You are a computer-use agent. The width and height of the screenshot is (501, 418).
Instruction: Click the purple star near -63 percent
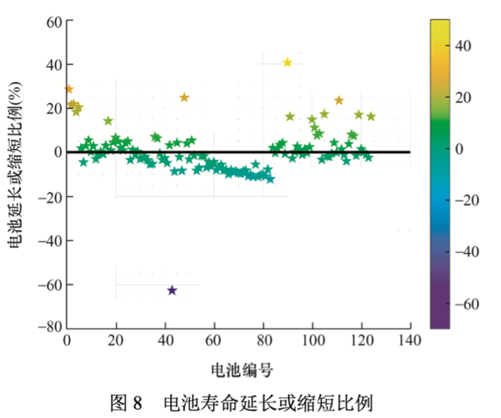click(x=172, y=291)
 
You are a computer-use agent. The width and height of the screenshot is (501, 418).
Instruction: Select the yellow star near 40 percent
click(x=288, y=63)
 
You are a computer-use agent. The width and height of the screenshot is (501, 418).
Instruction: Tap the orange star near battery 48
click(x=184, y=98)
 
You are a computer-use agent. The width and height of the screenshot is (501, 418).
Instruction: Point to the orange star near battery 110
click(x=339, y=100)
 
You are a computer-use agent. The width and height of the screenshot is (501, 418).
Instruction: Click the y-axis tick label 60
click(x=53, y=21)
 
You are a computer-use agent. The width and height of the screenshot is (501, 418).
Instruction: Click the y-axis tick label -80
click(x=49, y=327)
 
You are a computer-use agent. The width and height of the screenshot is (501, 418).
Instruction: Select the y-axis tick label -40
click(x=49, y=240)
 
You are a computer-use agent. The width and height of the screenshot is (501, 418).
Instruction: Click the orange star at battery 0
click(x=68, y=89)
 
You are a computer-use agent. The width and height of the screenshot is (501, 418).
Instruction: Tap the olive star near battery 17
click(x=108, y=121)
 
